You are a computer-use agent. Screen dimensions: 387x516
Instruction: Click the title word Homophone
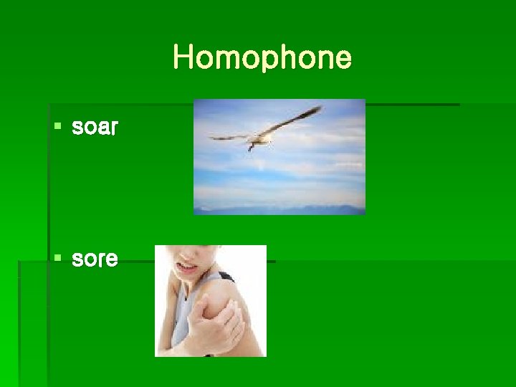click(262, 57)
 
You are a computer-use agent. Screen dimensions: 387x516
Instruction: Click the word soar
click(95, 128)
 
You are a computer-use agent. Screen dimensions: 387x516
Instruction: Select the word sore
click(95, 258)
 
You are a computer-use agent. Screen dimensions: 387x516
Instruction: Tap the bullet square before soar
click(57, 128)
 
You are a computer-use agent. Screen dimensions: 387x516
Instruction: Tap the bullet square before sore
click(57, 257)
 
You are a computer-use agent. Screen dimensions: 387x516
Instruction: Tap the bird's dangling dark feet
click(250, 146)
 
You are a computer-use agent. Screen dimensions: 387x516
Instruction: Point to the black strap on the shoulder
click(225, 277)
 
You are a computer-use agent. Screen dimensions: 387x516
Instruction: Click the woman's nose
click(181, 256)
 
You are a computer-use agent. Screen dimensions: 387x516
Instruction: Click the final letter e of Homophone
click(343, 59)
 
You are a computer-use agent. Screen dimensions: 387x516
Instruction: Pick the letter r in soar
click(114, 129)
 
